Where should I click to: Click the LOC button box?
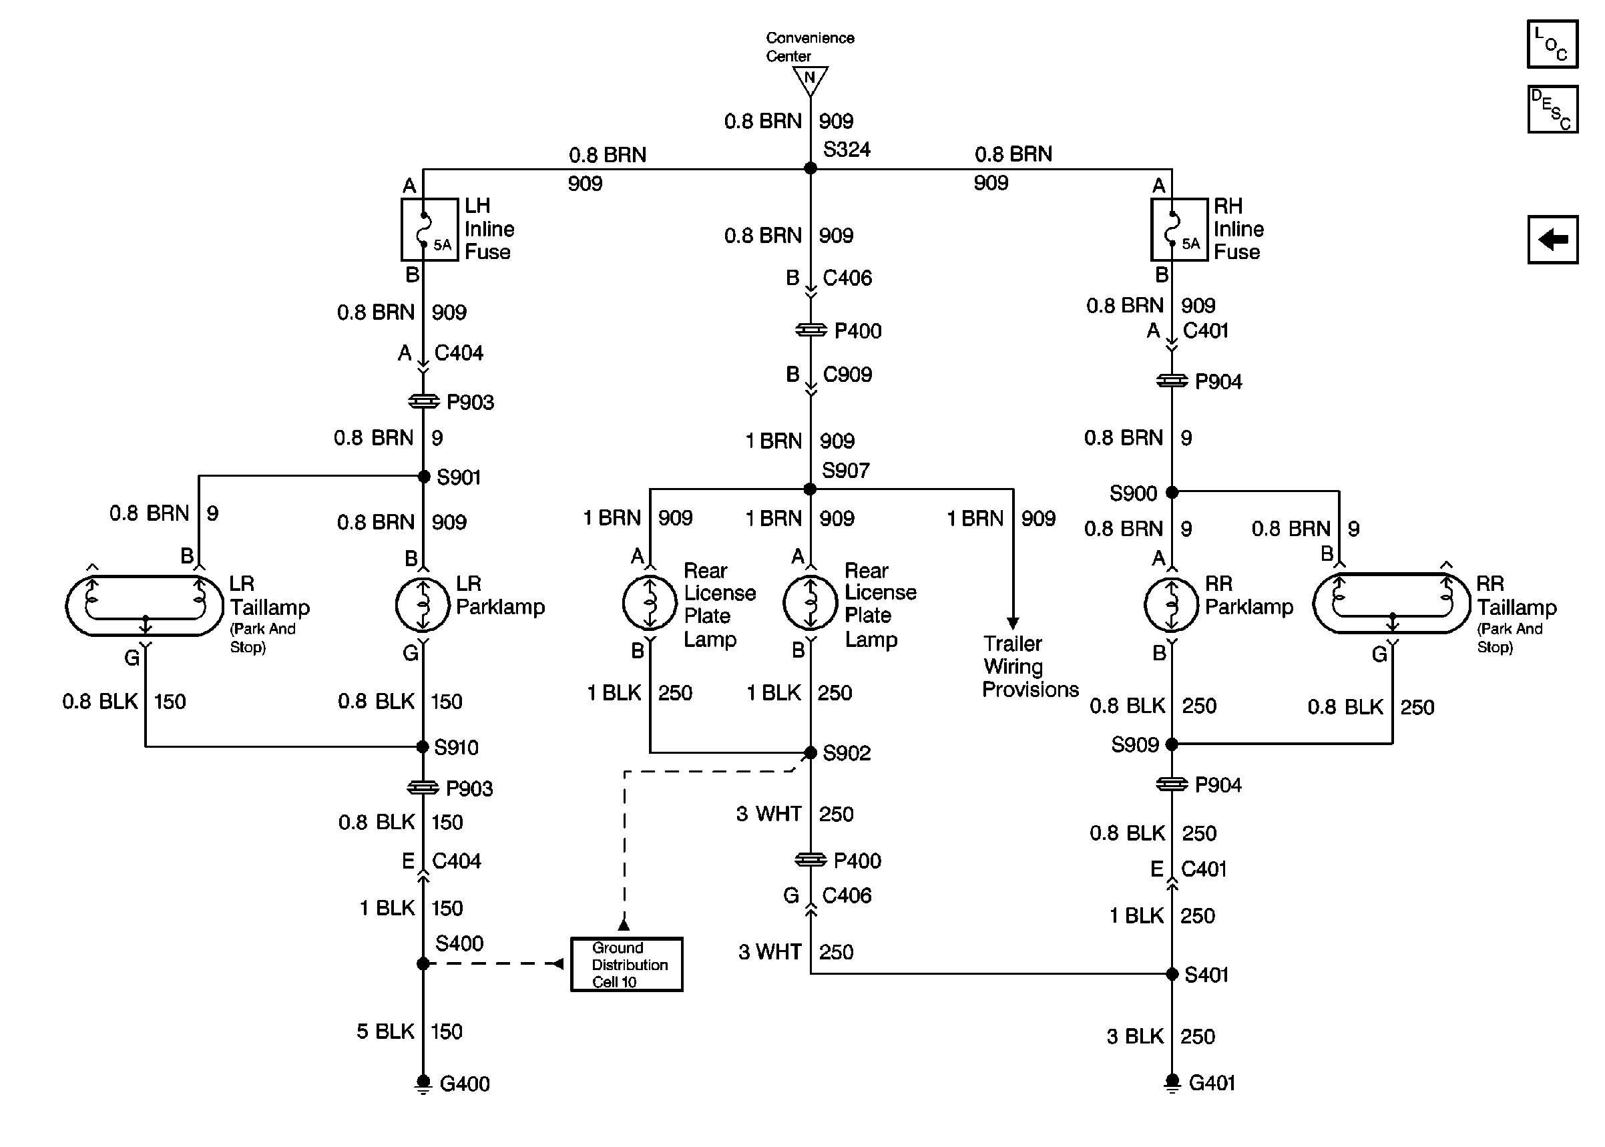[1552, 44]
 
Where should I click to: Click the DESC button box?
[1552, 109]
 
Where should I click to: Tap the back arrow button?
[1552, 240]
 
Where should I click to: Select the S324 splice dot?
[810, 168]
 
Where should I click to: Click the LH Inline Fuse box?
[429, 230]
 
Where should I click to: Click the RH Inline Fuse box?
[1178, 230]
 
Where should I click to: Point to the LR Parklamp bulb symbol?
[422, 605]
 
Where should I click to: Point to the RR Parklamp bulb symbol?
[1171, 605]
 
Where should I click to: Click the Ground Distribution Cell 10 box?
[626, 964]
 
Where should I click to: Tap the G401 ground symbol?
[1172, 1082]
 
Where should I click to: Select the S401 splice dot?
[1172, 974]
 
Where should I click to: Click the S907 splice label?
[845, 471]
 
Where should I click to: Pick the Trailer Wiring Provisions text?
[1029, 666]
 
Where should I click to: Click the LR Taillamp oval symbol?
[145, 606]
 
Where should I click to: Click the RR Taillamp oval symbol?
[1391, 603]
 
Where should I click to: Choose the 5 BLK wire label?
[385, 1031]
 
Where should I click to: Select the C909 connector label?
[847, 375]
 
